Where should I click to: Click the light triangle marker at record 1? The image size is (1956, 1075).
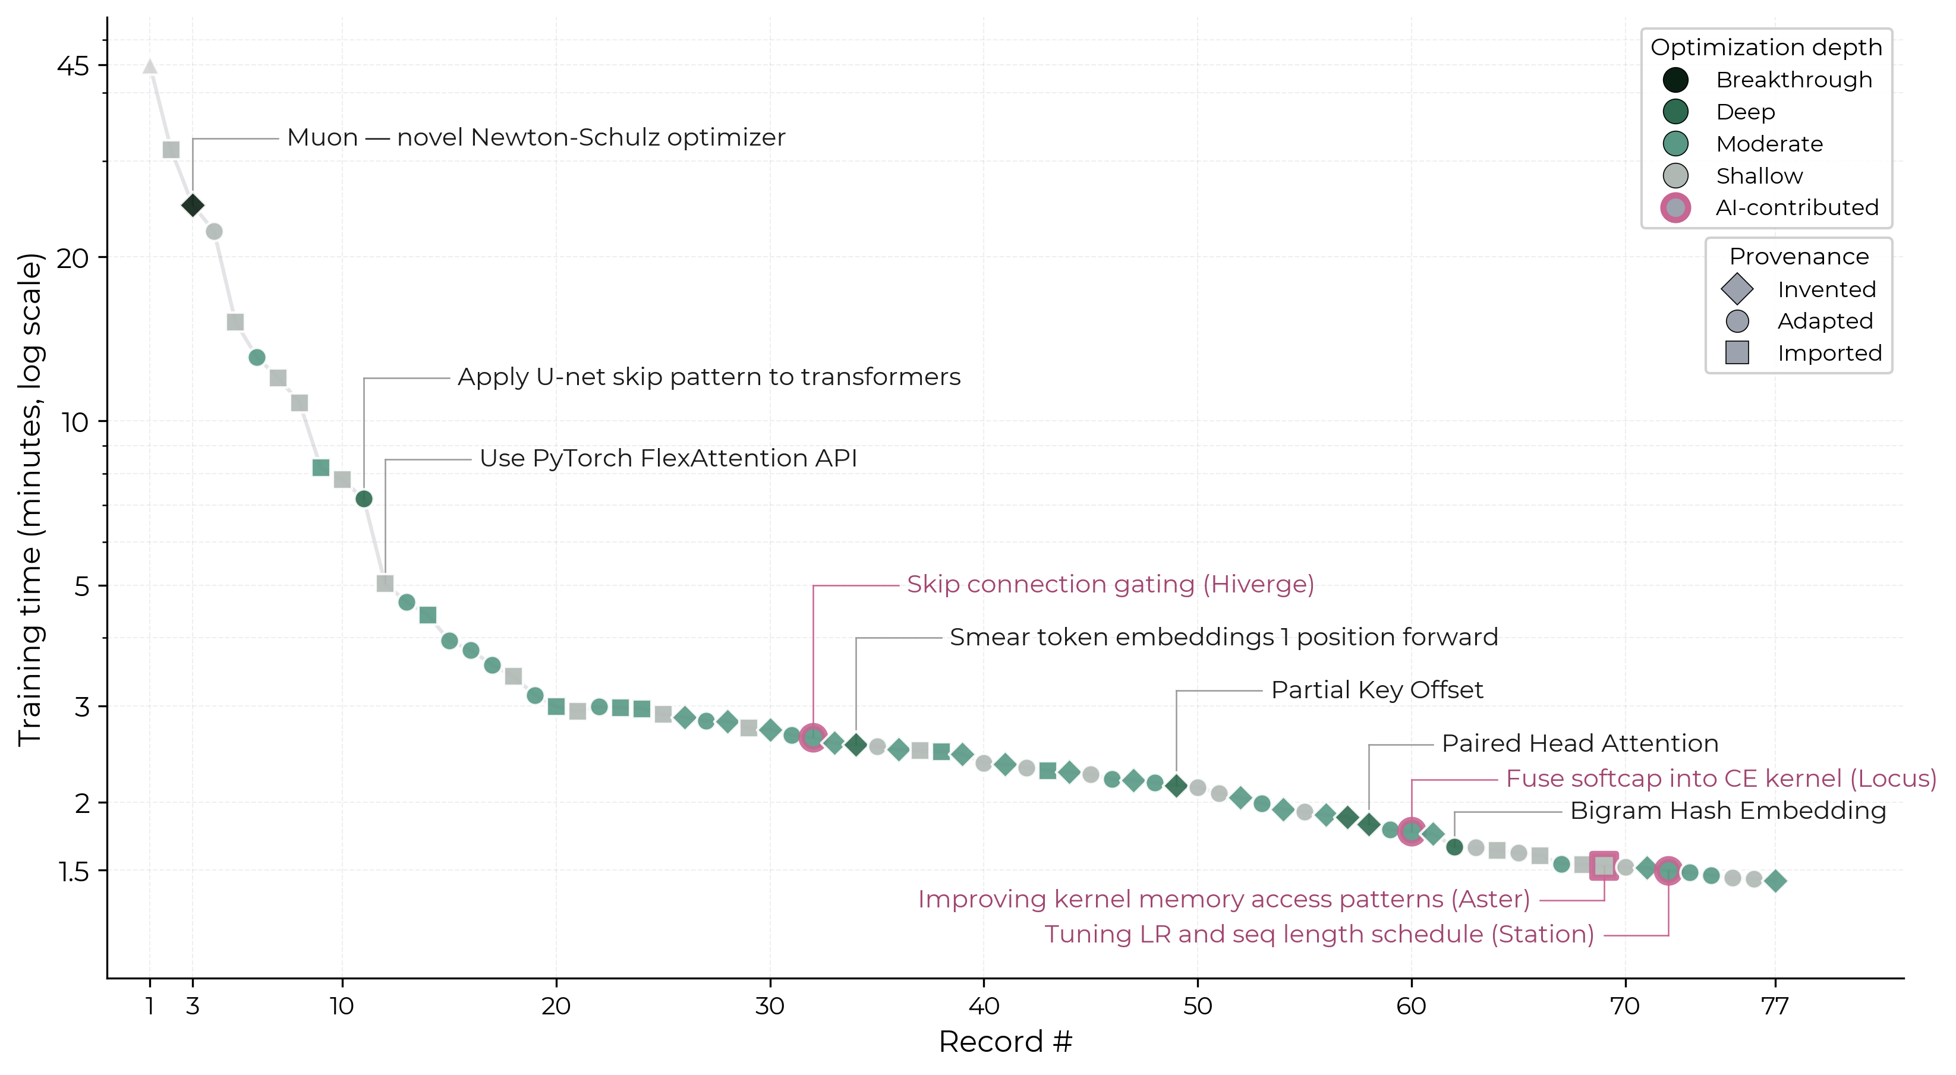(150, 67)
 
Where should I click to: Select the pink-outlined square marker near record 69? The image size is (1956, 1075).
(1603, 865)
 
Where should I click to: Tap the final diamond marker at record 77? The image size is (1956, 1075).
(1775, 881)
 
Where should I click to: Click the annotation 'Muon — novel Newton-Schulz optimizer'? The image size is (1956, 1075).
(536, 137)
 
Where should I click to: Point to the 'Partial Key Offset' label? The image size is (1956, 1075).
(1376, 689)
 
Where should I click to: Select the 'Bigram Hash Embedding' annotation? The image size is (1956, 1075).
(1727, 810)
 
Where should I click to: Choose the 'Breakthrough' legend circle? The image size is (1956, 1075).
(1675, 80)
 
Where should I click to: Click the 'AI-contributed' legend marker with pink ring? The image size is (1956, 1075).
(1675, 207)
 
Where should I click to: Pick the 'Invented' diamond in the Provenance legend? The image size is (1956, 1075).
(1737, 289)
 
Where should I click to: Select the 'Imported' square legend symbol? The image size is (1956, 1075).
(1737, 353)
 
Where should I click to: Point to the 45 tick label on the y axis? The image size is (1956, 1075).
(73, 66)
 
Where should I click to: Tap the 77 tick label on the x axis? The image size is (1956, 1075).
(1775, 1006)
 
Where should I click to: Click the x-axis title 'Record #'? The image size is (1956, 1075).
(1004, 1042)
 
